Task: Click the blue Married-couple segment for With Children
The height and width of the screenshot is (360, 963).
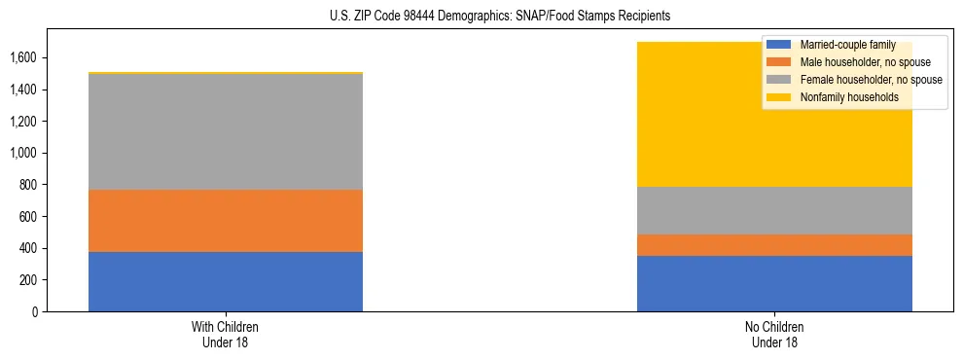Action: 226,281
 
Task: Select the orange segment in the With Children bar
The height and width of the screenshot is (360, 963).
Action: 226,221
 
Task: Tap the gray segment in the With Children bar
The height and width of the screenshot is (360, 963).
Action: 226,131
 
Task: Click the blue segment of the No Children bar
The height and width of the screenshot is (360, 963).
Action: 774,283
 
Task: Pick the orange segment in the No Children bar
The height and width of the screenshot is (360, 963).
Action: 774,245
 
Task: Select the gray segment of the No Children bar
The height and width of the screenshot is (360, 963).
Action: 774,210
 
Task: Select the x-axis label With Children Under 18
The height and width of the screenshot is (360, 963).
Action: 226,334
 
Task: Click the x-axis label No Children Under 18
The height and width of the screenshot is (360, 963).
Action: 774,334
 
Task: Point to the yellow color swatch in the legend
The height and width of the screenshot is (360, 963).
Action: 779,97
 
